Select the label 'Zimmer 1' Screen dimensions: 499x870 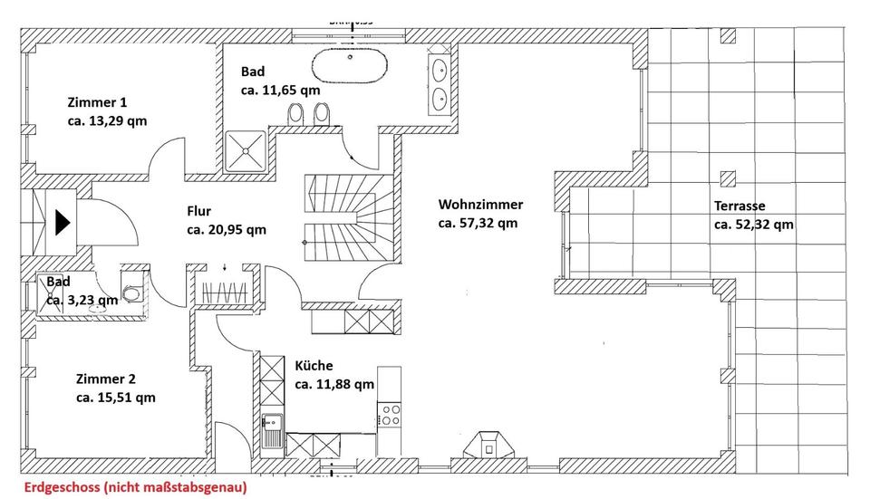coord(96,101)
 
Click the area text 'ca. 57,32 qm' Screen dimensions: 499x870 coord(478,223)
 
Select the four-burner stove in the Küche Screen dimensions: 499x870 coord(391,415)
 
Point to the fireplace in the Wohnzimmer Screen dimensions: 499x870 coord(488,444)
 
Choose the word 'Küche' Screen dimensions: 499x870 coord(314,366)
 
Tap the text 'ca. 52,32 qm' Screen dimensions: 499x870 coord(753,225)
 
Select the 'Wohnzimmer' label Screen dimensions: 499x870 coord(480,205)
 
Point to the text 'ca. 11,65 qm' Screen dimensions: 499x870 coord(280,90)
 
